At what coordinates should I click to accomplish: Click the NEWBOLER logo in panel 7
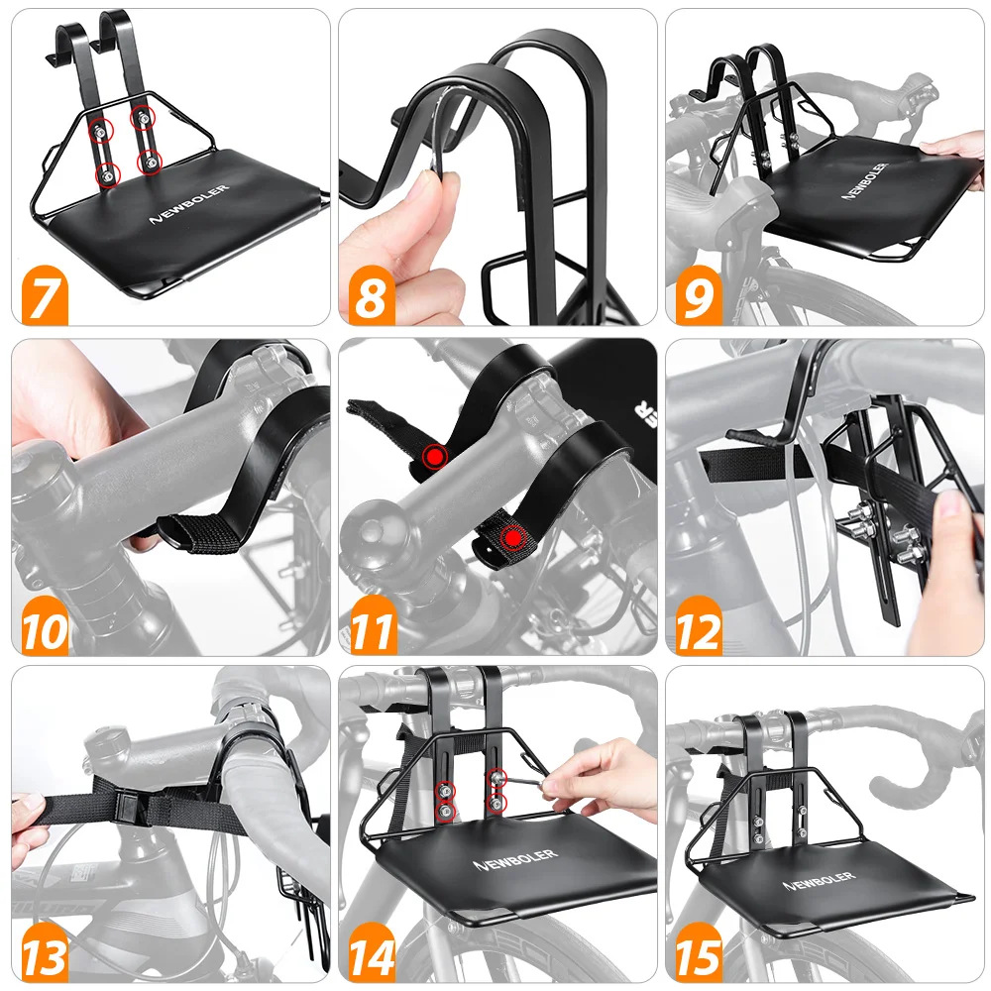click(188, 204)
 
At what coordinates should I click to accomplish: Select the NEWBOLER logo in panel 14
click(515, 859)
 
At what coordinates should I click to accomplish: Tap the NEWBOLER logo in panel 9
click(865, 180)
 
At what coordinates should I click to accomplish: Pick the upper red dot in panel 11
click(434, 455)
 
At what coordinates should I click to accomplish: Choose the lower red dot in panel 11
click(513, 538)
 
